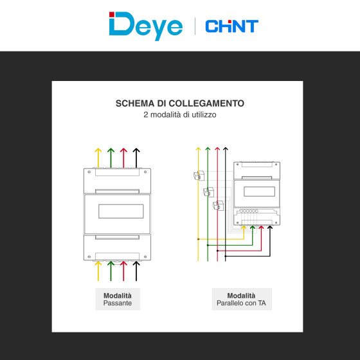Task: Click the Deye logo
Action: pos(146,26)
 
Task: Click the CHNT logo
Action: pos(232,26)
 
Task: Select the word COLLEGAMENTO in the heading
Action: pos(206,104)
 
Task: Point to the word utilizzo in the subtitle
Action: pos(204,114)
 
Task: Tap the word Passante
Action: pos(118,303)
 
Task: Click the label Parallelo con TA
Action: pos(241,303)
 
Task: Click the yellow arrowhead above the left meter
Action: pos(98,150)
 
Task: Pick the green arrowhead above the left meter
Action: pos(111,150)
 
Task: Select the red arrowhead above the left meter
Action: pos(123,150)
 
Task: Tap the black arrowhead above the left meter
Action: pos(136,150)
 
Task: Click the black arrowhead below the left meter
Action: pos(136,264)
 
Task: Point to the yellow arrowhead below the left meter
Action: pos(98,264)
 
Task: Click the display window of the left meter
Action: pos(121,212)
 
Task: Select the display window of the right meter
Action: pos(260,192)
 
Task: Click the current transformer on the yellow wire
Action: pos(199,175)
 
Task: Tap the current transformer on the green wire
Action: pos(208,192)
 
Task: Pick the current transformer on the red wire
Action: pos(218,205)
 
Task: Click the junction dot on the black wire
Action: pos(226,256)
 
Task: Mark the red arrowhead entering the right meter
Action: pos(261,228)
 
